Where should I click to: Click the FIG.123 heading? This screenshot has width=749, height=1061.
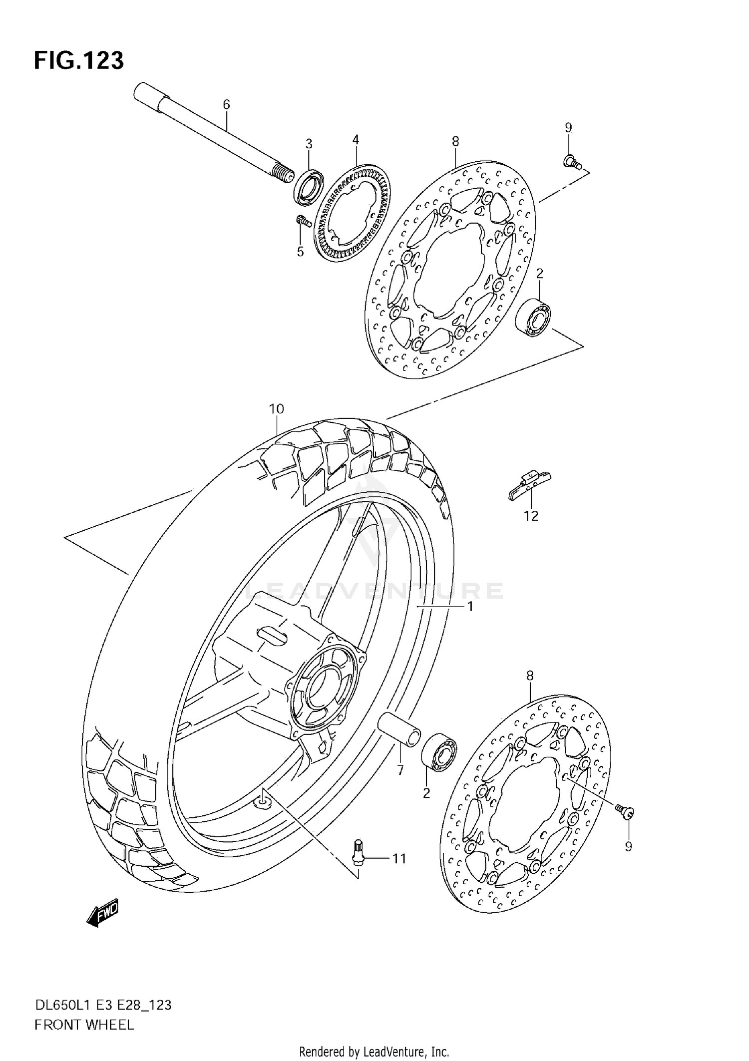tap(78, 61)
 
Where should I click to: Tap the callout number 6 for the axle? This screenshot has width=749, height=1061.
tap(226, 104)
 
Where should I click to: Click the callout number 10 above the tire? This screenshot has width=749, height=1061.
tap(276, 409)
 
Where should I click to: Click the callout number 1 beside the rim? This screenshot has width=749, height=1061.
tap(470, 607)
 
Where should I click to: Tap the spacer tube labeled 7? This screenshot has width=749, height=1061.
tap(399, 733)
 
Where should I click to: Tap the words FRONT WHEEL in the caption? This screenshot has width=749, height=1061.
tap(84, 1025)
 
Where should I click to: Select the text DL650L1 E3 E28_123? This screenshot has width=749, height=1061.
tap(102, 1005)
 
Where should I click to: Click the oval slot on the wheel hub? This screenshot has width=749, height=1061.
tap(272, 636)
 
